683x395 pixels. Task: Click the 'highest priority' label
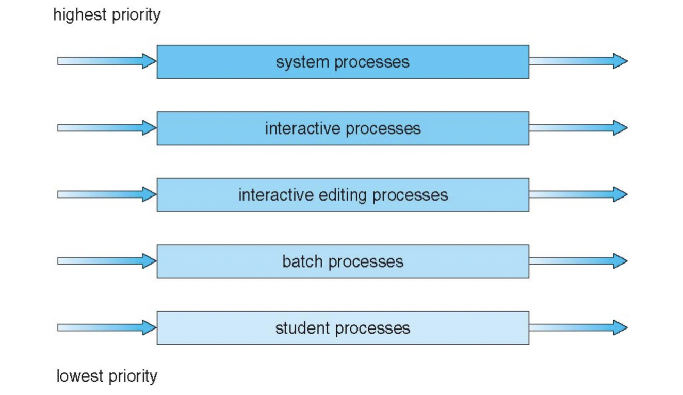coord(107,15)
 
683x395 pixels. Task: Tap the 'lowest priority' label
coord(106,376)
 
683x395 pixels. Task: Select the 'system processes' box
coord(343,62)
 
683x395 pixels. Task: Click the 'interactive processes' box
coord(343,128)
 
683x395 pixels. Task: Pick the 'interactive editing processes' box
coord(343,195)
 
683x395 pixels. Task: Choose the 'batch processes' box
coord(343,261)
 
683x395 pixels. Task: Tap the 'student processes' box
coord(343,328)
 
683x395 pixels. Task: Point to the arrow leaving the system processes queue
coord(578,61)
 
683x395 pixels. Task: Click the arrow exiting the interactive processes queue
coord(578,128)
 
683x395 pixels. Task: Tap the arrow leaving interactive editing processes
coord(578,194)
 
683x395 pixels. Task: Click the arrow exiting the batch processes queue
coord(578,261)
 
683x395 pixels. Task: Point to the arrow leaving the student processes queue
coord(578,327)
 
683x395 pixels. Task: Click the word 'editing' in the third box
coord(340,195)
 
